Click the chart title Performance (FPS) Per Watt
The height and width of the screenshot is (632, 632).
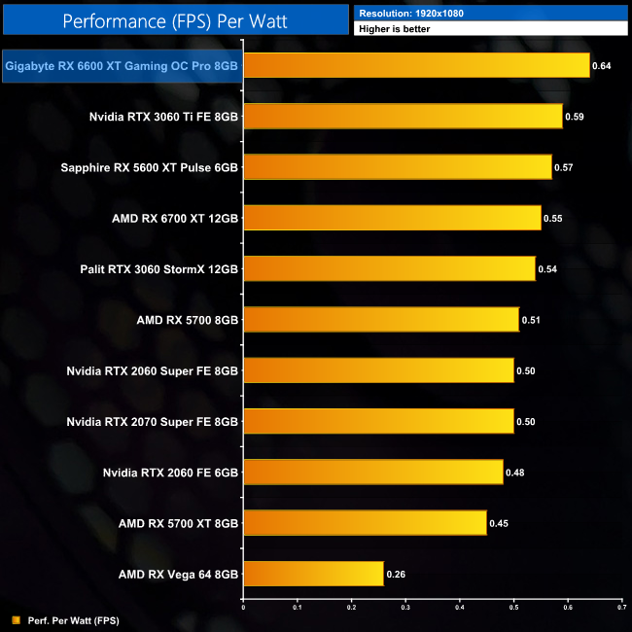click(x=174, y=19)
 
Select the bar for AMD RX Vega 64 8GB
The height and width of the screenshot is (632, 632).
click(x=313, y=574)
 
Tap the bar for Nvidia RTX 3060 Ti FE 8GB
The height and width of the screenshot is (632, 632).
click(x=403, y=117)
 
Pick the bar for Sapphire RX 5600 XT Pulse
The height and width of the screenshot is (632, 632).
click(x=397, y=167)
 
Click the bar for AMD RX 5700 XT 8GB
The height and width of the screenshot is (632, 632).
click(x=365, y=523)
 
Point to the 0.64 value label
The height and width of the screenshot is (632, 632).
click(x=602, y=66)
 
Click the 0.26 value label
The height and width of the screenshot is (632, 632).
click(x=396, y=575)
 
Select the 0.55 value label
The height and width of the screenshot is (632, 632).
click(x=552, y=218)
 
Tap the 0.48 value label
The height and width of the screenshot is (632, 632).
click(x=515, y=473)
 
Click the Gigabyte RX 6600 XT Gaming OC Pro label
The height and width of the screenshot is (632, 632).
click(x=123, y=66)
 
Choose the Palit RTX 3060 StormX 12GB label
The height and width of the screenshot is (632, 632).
click(x=159, y=268)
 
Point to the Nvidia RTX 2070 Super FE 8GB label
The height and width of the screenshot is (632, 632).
click(x=153, y=421)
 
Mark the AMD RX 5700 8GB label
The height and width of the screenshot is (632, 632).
click(x=188, y=320)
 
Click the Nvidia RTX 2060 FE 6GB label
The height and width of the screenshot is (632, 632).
click(x=170, y=473)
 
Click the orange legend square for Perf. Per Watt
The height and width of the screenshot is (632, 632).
click(x=15, y=619)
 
